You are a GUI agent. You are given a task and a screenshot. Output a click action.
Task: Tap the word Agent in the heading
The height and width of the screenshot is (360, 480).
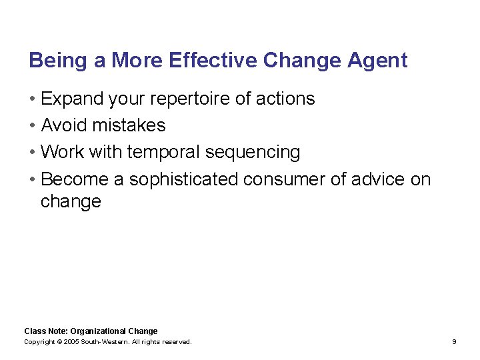pos(377,61)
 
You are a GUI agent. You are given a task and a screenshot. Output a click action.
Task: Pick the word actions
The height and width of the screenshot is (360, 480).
pos(283,99)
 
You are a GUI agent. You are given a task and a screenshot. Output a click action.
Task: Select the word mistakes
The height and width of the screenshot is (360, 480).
pos(129,125)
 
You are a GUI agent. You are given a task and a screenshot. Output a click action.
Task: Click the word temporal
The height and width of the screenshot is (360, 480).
pos(163,153)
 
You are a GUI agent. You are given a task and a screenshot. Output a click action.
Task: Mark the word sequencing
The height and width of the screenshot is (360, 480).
pos(253,153)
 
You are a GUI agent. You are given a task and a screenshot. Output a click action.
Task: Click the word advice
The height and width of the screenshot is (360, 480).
pos(373,180)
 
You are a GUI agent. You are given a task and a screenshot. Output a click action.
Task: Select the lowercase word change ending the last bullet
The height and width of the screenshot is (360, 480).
pos(71,201)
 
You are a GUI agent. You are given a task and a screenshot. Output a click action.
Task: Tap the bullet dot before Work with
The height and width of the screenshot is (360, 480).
pos(32,153)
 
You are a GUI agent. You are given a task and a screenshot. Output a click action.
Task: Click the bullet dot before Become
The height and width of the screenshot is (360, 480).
pos(32,180)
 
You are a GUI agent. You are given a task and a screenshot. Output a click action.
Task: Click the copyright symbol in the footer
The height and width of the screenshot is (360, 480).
pos(59,342)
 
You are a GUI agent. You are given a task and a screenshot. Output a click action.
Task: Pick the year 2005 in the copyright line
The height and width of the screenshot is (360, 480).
pos(71,342)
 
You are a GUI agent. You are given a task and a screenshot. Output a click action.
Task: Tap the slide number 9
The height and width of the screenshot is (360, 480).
pos(454,342)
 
